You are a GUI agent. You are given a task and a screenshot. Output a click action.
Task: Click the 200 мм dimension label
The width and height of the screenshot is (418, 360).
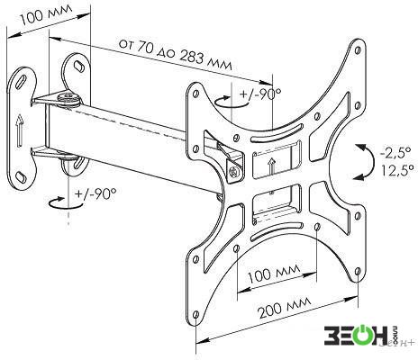click(x=285, y=309)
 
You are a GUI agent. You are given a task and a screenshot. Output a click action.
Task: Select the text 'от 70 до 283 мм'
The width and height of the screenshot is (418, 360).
click(x=176, y=56)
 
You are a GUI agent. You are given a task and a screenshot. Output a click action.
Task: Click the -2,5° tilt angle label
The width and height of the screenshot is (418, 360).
click(x=395, y=154)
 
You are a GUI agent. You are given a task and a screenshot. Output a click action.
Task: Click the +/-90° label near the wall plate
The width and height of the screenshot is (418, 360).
click(x=95, y=194)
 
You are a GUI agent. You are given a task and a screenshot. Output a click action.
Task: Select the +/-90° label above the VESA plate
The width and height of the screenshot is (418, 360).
click(x=260, y=94)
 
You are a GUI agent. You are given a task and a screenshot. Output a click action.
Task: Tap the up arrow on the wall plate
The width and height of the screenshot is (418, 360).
click(x=19, y=131)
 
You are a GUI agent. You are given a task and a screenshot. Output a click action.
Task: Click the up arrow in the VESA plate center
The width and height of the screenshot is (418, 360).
click(x=272, y=167)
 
